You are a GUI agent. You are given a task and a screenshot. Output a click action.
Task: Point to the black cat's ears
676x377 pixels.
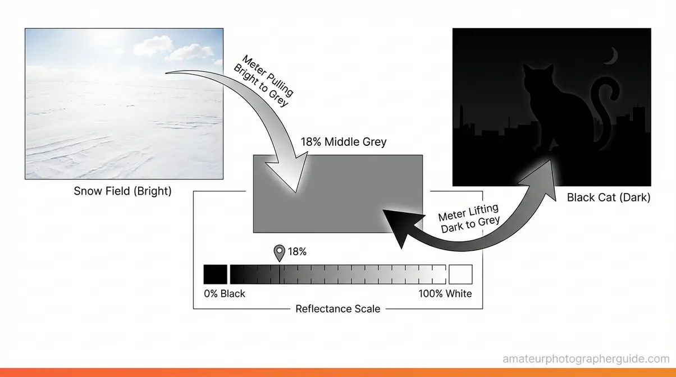tap(538, 70)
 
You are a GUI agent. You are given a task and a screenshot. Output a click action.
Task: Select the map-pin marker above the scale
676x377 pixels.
tap(279, 253)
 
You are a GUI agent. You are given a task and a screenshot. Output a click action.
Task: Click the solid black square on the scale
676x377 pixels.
tap(216, 274)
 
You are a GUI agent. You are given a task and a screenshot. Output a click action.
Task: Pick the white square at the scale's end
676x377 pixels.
tap(460, 274)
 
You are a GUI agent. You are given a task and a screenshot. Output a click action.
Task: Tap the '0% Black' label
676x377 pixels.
tap(225, 293)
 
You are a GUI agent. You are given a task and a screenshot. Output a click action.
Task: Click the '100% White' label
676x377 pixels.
tap(445, 293)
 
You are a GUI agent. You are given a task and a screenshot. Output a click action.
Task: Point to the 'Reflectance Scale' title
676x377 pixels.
tap(337, 309)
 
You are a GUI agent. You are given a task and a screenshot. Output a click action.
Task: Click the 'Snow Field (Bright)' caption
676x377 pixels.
tap(122, 191)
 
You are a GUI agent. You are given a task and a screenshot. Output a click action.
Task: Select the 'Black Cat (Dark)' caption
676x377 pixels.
tap(609, 197)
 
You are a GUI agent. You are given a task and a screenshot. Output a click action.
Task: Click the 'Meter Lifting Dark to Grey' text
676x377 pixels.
tap(469, 215)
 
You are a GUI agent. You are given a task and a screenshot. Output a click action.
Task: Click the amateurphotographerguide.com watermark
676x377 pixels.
tap(586, 358)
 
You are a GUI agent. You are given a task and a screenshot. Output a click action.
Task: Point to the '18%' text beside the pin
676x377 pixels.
tap(297, 252)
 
